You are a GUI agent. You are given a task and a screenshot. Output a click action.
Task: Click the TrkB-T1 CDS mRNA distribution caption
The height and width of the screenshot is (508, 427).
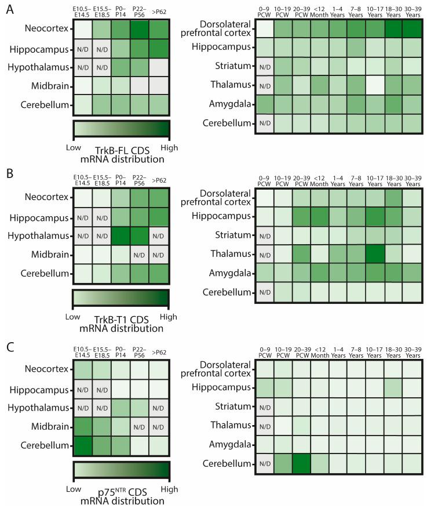pos(121,322)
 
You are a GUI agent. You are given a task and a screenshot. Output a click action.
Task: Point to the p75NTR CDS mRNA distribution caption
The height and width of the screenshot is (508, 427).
pos(121,492)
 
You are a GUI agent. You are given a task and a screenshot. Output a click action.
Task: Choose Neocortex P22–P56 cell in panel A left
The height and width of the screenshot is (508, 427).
pos(139,28)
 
